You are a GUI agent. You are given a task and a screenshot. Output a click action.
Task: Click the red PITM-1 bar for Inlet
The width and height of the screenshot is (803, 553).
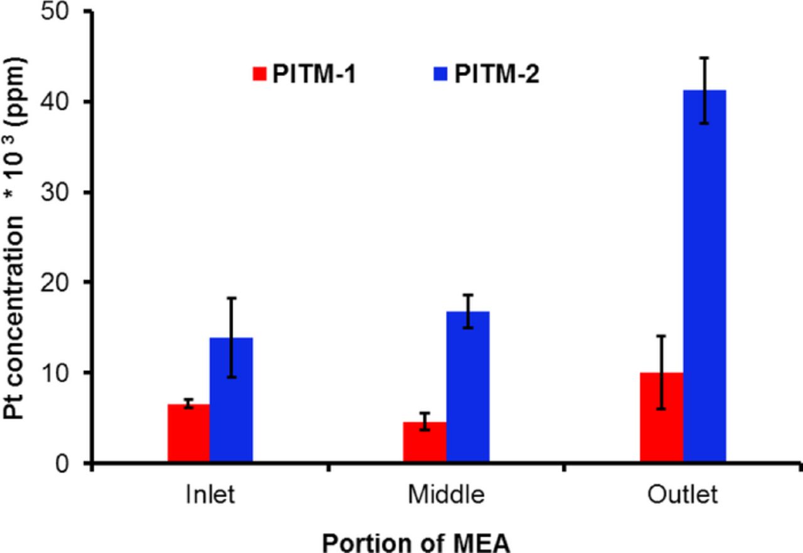click(x=188, y=434)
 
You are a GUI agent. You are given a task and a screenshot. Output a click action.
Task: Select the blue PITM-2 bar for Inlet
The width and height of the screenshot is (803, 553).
click(x=231, y=402)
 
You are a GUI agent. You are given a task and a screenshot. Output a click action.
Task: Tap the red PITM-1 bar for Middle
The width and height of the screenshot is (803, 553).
click(x=425, y=443)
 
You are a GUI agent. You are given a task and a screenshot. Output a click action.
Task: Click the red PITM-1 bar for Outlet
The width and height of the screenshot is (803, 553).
click(x=661, y=419)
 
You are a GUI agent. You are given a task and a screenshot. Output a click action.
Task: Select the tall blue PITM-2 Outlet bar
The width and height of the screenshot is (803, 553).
click(x=705, y=276)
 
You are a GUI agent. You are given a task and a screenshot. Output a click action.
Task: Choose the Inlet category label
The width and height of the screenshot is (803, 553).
click(x=210, y=495)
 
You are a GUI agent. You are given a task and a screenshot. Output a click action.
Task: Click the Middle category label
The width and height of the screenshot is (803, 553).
click(x=446, y=495)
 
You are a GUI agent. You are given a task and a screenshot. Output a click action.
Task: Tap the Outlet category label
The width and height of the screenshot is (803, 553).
click(x=683, y=495)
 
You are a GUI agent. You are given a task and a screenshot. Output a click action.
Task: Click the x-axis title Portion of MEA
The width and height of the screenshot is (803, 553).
click(x=416, y=540)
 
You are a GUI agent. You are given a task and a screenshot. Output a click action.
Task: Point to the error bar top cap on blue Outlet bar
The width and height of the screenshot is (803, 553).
click(x=705, y=58)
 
